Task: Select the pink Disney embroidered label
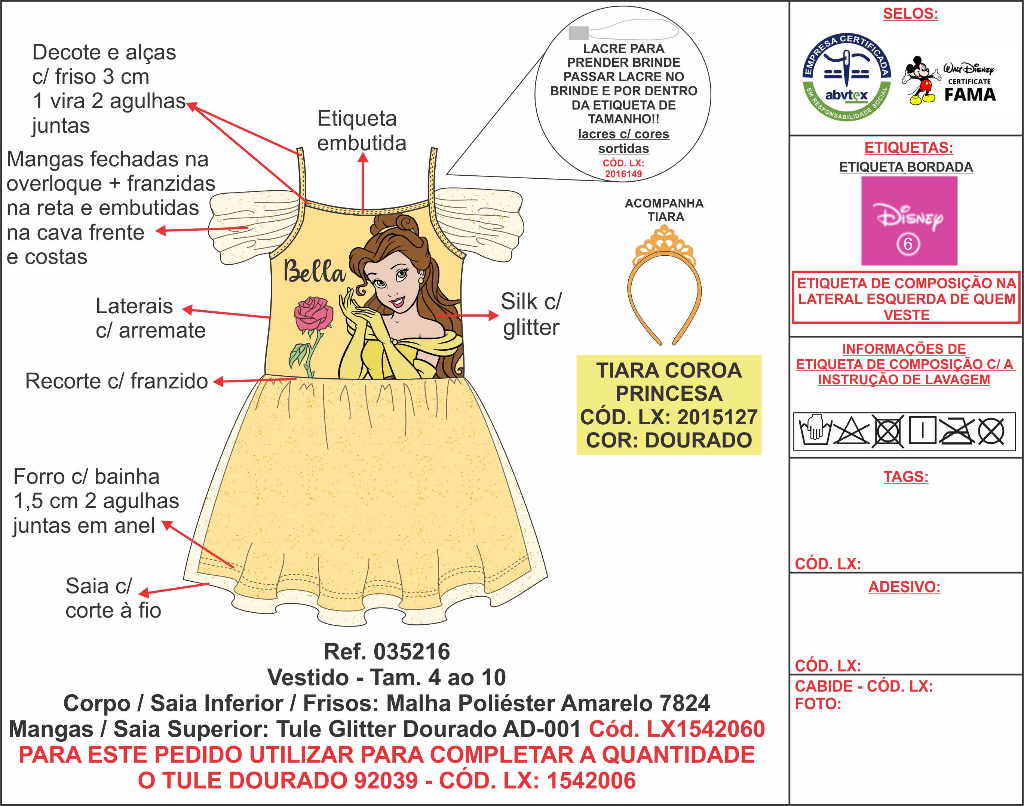pos(909,221)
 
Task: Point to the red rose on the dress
pos(313,313)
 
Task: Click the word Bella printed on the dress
pos(313,272)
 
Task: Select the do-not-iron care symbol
pos(956,431)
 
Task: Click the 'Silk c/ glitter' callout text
pos(531,314)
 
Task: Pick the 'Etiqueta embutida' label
pos(361,131)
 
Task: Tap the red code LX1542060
pos(677,729)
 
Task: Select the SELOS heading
pos(910,14)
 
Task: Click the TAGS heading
pos(905,477)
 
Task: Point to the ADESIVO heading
pos(904,587)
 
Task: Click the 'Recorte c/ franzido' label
pos(116,381)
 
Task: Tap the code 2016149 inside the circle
pos(623,174)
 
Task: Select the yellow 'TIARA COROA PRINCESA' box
pos(668,405)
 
